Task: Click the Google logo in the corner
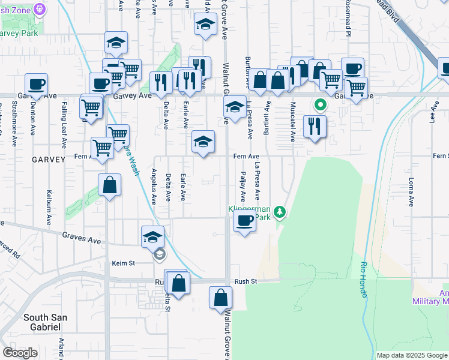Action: click(x=20, y=353)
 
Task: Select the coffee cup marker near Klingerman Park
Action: click(x=244, y=221)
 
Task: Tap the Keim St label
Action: click(x=124, y=263)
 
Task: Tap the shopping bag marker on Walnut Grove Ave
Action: click(x=221, y=298)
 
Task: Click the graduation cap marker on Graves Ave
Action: click(x=153, y=237)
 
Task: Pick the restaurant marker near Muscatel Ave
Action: click(x=315, y=125)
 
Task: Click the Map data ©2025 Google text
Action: click(x=412, y=355)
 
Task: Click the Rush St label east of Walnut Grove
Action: click(x=246, y=281)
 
